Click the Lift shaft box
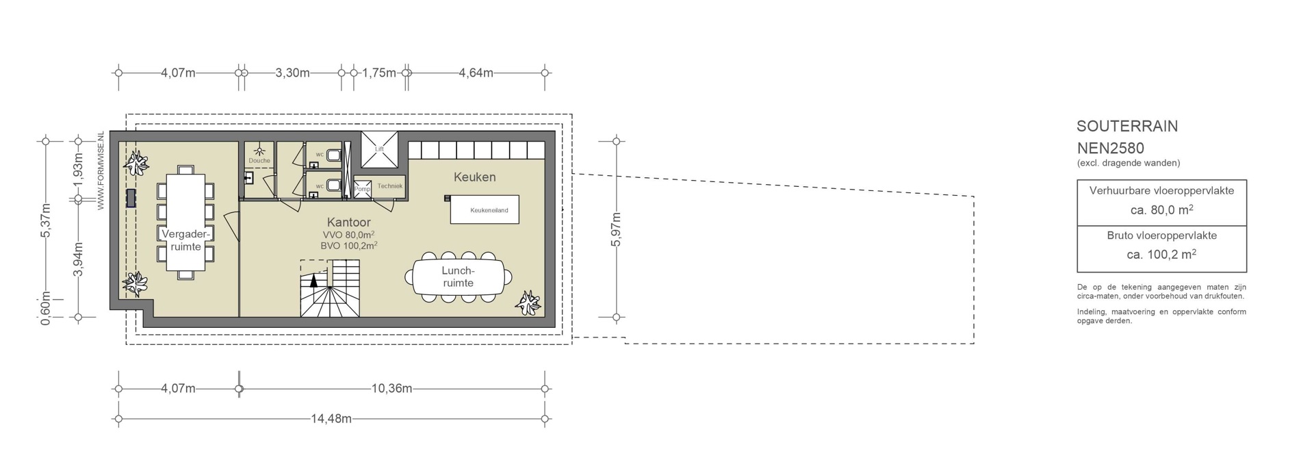[379, 149]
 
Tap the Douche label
[259, 161]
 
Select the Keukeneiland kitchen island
[484, 209]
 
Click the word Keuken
[475, 177]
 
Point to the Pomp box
[362, 188]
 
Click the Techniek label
[390, 186]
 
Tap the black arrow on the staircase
[314, 279]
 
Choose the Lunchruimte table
[458, 277]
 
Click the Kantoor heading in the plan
[349, 222]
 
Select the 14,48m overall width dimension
[332, 419]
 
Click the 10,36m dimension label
[391, 389]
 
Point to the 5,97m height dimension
[616, 229]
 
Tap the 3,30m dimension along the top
[292, 73]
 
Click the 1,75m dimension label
[379, 73]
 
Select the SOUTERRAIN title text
[1127, 127]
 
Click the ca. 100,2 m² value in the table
[1161, 255]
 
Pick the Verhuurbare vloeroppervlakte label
[1161, 190]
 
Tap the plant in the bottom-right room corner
[528, 302]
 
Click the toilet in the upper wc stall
[333, 155]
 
